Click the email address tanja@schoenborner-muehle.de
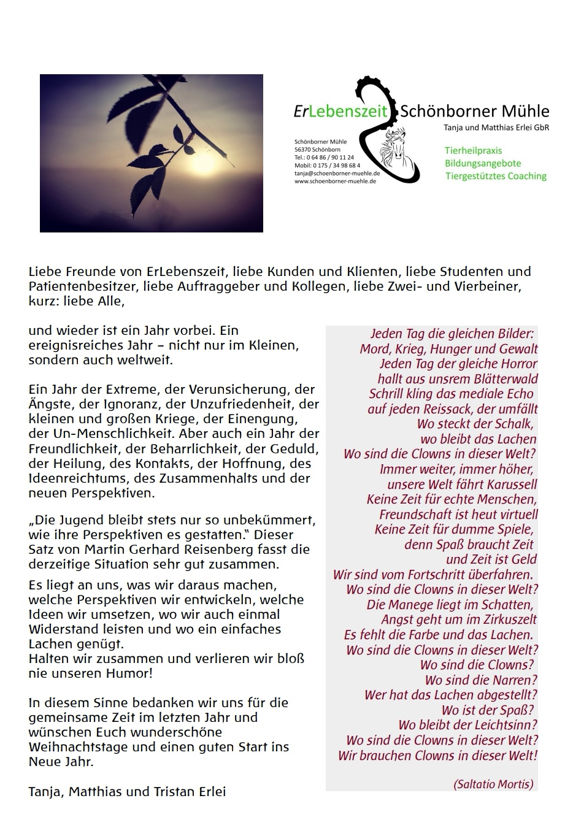point(336,174)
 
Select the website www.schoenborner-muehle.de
point(335,182)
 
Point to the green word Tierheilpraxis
point(474,150)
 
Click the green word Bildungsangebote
point(483,163)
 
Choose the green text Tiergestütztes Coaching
point(496,176)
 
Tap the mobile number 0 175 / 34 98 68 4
point(336,166)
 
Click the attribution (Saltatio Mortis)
point(493,784)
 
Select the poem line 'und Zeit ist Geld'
point(491,559)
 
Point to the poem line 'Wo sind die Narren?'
point(481,680)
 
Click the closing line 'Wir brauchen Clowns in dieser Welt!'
point(437,756)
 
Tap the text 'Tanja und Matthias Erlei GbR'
point(496,128)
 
